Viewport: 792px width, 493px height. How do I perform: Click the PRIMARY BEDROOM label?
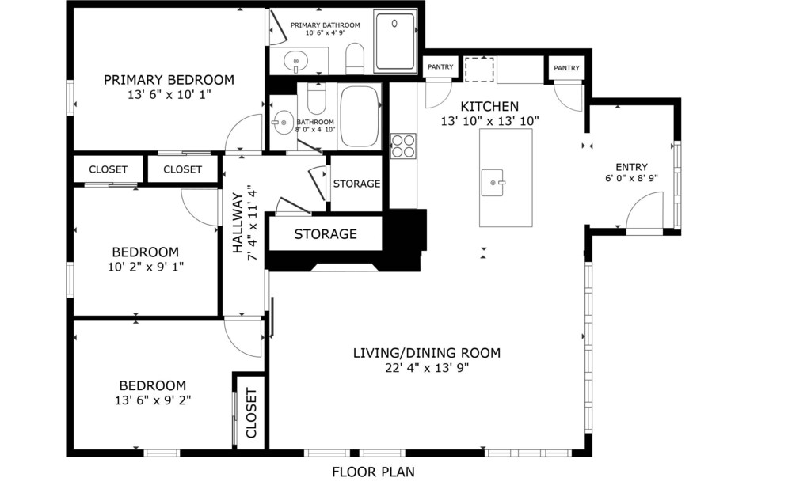(169, 80)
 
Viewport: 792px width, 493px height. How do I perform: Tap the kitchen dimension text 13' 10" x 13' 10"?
(490, 121)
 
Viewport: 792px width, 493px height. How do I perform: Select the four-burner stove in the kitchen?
(403, 146)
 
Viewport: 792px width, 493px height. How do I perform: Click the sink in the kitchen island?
(493, 183)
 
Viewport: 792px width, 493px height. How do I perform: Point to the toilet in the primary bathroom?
(355, 58)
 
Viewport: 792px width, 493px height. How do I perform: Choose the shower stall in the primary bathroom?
(395, 41)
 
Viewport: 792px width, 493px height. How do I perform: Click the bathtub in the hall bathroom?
(359, 116)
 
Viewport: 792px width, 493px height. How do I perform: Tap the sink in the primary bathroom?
(295, 62)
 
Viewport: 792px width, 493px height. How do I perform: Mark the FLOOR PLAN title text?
(373, 472)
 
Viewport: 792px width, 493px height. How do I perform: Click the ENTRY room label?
(631, 167)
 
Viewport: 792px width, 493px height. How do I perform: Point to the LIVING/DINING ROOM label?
(427, 353)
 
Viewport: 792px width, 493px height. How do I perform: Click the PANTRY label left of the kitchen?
(440, 66)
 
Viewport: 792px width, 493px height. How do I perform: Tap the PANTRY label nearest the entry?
(567, 68)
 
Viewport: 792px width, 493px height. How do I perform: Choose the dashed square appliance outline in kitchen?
(479, 70)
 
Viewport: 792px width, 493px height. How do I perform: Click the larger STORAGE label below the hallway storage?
(326, 234)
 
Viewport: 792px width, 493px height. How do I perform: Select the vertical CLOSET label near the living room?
(251, 413)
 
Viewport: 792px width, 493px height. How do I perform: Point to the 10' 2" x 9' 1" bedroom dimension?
(146, 267)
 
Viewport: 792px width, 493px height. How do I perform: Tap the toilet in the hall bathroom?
(318, 100)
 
